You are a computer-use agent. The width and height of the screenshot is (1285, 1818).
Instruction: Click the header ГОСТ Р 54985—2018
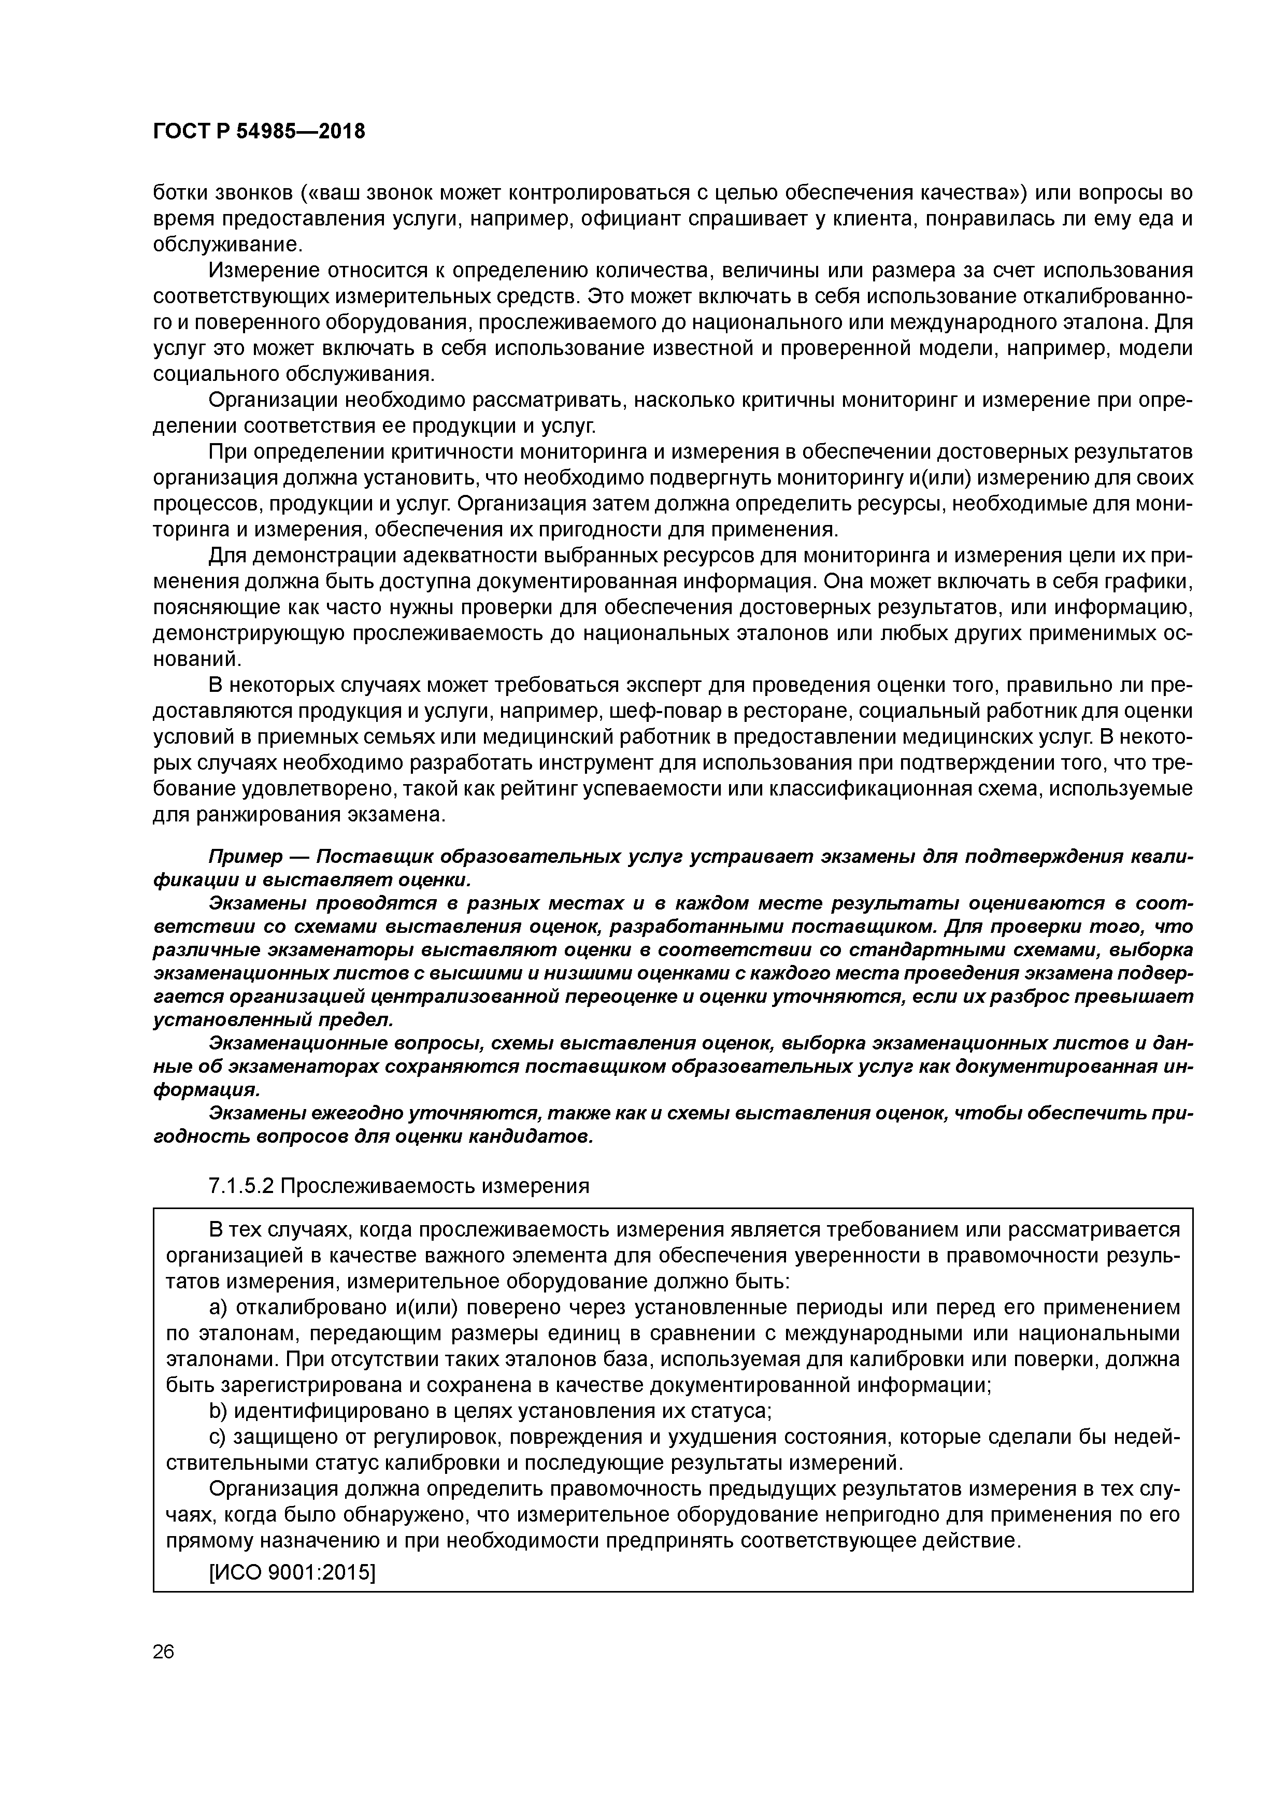click(259, 132)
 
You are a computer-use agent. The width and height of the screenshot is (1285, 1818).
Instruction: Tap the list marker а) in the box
click(219, 1308)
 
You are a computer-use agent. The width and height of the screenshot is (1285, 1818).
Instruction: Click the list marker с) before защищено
click(218, 1437)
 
